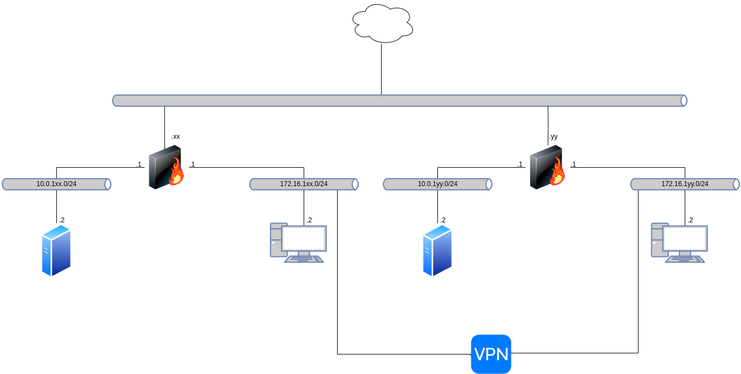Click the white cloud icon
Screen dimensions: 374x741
pyautogui.click(x=383, y=23)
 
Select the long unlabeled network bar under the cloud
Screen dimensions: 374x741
pyautogui.click(x=399, y=100)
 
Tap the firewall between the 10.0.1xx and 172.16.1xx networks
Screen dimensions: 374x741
pyautogui.click(x=165, y=167)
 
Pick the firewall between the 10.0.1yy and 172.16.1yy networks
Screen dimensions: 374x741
pyautogui.click(x=547, y=167)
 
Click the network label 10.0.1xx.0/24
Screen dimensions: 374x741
pyautogui.click(x=56, y=184)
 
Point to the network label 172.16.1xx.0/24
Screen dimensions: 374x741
pyautogui.click(x=304, y=184)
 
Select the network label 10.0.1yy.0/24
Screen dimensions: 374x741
pyautogui.click(x=437, y=184)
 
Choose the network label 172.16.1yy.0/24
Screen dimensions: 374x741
pyautogui.click(x=685, y=184)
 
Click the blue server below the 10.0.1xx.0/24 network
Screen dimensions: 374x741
pyautogui.click(x=56, y=250)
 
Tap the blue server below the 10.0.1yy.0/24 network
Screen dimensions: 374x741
pyautogui.click(x=437, y=250)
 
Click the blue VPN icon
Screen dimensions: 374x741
pyautogui.click(x=491, y=354)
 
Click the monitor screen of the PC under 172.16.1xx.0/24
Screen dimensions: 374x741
pyautogui.click(x=304, y=238)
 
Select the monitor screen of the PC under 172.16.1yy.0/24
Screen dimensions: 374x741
pyautogui.click(x=685, y=238)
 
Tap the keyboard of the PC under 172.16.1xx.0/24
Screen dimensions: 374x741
pyautogui.click(x=304, y=259)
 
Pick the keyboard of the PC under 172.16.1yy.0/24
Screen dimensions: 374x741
pyautogui.click(x=685, y=259)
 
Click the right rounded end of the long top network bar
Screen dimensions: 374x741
pyautogui.click(x=684, y=100)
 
